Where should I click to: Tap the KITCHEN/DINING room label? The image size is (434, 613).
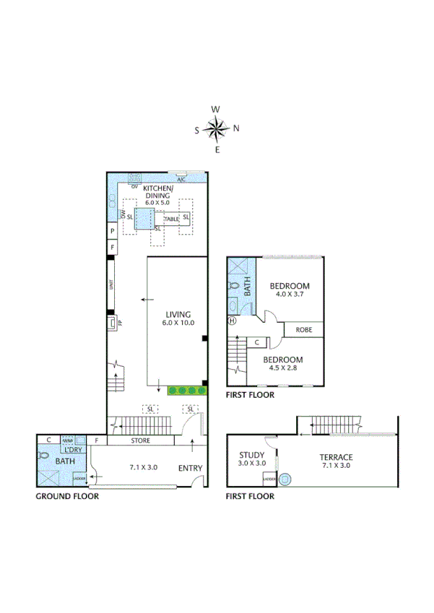tap(157, 191)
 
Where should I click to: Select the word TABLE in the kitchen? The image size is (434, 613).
tap(171, 219)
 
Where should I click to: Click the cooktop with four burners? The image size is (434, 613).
tap(134, 177)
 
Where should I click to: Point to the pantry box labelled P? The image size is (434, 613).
tap(112, 231)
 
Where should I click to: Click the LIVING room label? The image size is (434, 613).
tap(178, 315)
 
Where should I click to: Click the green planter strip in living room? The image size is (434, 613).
tap(187, 391)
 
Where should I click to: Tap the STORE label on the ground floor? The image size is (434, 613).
tap(140, 440)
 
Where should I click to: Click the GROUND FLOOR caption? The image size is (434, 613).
tap(67, 497)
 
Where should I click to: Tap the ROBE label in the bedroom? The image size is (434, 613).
tap(303, 330)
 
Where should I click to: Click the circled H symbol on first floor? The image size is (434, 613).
tap(232, 321)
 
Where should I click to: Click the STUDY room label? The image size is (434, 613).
tap(252, 454)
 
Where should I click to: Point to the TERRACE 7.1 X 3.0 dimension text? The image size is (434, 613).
tap(336, 466)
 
